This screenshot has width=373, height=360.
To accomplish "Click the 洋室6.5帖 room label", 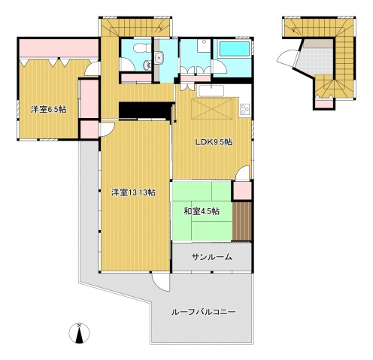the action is pos(49,110).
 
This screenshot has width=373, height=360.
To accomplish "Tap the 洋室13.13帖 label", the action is pos(133,192).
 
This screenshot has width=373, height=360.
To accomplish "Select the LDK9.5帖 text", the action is pos(214,142).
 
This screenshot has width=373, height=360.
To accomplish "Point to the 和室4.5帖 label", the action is pos(202,211).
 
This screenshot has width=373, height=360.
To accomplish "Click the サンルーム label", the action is pos(211,257).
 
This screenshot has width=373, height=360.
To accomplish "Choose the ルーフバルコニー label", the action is pos(203,312).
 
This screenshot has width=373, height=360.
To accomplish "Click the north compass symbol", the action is pos(79,333).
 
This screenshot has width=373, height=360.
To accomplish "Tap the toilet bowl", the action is pos(141,48).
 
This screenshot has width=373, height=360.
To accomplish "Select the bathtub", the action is pos(234,49).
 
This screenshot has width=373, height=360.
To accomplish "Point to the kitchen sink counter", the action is pos(211,91).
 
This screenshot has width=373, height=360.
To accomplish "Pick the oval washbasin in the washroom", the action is pos(159,58).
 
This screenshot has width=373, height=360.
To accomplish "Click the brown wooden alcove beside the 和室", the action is pos(242,221).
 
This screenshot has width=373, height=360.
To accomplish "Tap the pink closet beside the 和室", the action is pos(242,190).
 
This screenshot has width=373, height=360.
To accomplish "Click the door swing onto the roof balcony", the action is pos(161,282).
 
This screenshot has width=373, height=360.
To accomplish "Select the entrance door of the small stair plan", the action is pos(287,59).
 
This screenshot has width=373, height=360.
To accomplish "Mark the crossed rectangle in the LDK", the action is pos(212,109).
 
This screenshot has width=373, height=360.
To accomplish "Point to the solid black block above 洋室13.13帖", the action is pos(147,110).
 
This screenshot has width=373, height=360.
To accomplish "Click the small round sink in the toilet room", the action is pos(147,65).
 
